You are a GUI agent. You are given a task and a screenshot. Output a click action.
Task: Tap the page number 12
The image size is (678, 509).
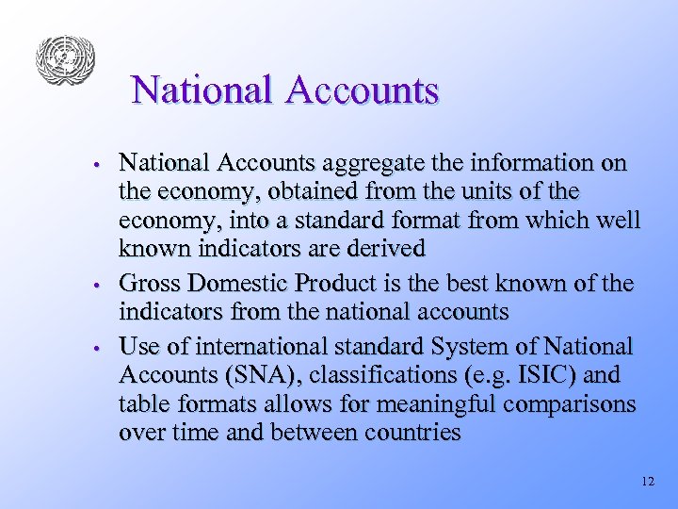pyautogui.click(x=646, y=481)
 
